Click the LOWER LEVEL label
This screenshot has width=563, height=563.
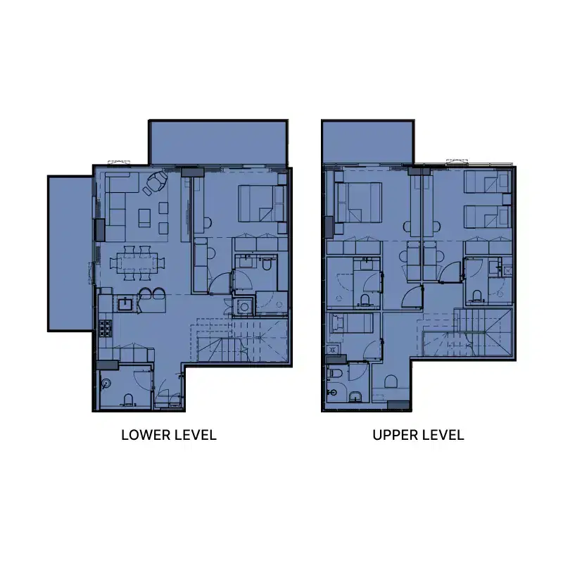coord(168,435)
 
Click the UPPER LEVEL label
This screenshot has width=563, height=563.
coord(418,435)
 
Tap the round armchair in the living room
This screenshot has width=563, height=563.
coord(156,185)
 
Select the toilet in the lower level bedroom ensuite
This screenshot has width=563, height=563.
coord(266,265)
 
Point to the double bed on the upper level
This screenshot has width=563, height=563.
coord(358,203)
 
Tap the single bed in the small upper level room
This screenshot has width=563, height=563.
coord(351,325)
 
